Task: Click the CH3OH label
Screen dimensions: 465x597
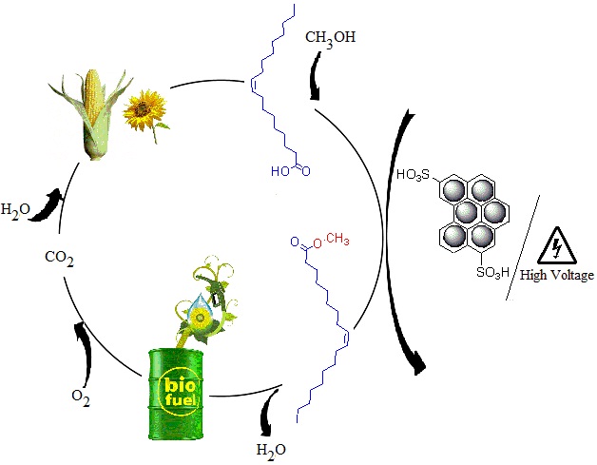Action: tap(331, 39)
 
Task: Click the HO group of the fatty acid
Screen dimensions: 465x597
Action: tap(281, 172)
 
